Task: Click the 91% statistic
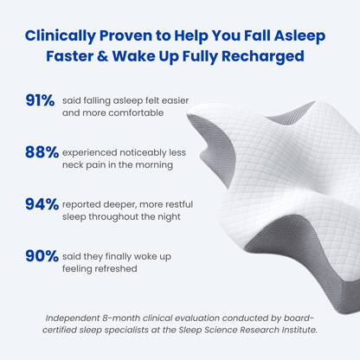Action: click(42, 101)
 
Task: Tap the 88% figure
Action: click(42, 153)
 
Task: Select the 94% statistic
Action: click(42, 205)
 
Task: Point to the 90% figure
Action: click(42, 257)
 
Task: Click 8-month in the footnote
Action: click(138, 318)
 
